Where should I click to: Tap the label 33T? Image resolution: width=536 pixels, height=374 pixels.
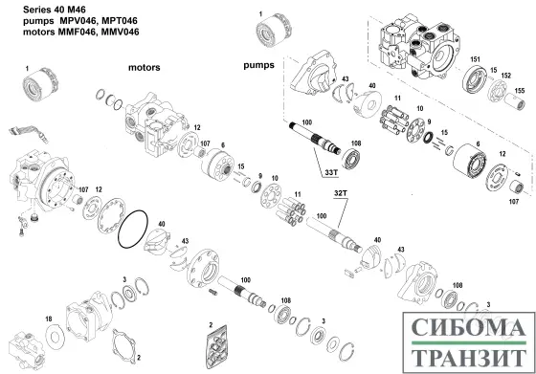331,173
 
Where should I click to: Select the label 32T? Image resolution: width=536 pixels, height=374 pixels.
341,193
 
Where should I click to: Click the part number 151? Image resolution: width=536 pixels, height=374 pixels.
475,59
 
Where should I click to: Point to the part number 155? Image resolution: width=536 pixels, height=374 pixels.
519,91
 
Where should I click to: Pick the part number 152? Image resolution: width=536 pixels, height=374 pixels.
506,76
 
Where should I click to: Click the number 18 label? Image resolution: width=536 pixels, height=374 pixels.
49,319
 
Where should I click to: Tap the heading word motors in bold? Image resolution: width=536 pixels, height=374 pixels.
145,68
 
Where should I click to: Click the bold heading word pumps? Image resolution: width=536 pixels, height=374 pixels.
258,65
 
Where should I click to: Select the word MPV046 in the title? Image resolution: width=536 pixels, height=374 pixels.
75,21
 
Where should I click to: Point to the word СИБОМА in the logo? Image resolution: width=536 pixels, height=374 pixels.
469,327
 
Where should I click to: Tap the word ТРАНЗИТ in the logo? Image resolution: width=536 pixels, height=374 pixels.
469,357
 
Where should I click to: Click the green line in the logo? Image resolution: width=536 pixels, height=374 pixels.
469,342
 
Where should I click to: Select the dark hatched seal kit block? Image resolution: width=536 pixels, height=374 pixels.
216,347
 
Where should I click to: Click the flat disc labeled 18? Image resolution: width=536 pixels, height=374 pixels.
56,337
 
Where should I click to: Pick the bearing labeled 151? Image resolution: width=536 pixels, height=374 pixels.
475,80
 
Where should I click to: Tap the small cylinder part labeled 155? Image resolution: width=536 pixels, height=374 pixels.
515,101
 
